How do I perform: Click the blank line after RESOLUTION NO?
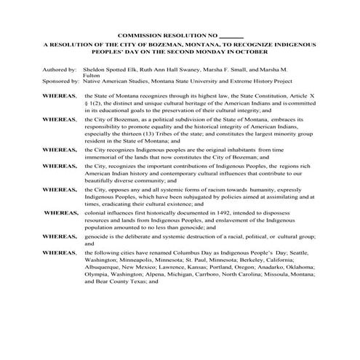tap(232, 36)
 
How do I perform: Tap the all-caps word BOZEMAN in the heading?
tap(147, 45)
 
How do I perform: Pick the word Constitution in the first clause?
tap(265, 95)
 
